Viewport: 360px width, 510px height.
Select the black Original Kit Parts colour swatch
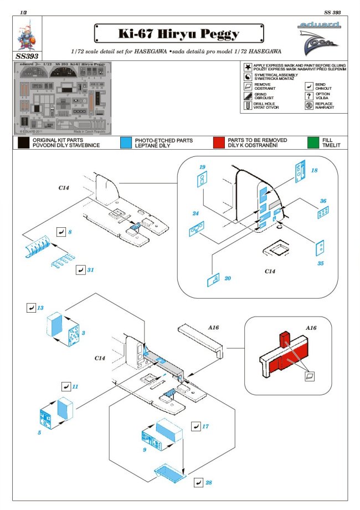(x=23, y=142)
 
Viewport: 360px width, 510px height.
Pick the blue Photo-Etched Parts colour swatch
(x=125, y=142)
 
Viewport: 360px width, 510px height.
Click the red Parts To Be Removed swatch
(x=219, y=142)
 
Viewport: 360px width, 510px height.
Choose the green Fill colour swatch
(x=313, y=142)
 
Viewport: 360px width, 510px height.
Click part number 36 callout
(x=322, y=201)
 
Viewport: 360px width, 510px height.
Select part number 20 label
(x=228, y=279)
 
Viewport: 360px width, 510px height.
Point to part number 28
(x=208, y=483)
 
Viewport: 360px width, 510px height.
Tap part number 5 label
(x=40, y=432)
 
